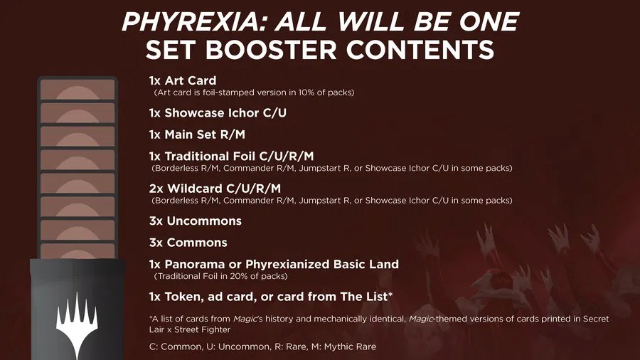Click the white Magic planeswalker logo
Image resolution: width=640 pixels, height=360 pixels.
point(76,321)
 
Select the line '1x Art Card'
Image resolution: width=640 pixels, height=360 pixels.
point(182,80)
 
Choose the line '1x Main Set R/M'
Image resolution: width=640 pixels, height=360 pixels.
point(197,134)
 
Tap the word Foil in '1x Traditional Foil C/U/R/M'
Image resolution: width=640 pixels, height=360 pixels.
point(245,156)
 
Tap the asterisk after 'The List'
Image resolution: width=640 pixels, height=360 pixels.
point(390,295)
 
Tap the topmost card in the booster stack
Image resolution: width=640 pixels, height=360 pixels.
point(78,90)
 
